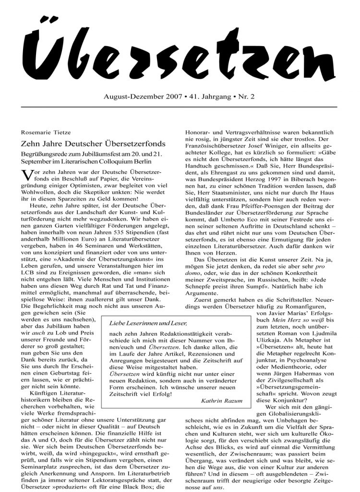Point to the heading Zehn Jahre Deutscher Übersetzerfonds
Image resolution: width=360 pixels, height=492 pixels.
point(93,143)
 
